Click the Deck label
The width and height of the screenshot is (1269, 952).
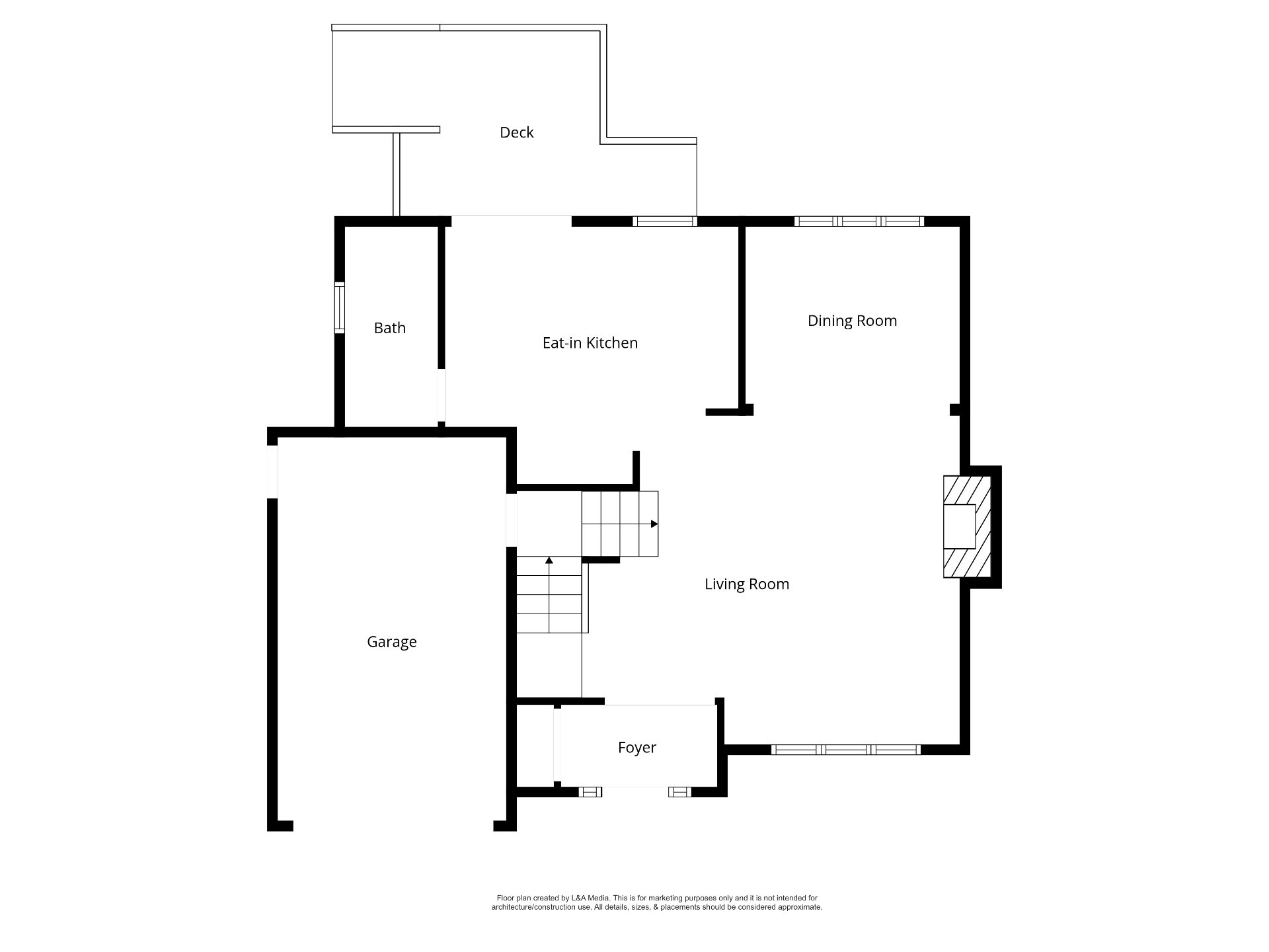[x=516, y=132]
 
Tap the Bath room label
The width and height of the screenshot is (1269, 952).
[x=389, y=328]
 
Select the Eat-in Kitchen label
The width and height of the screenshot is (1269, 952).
[x=590, y=342]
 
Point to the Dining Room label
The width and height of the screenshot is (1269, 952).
[x=852, y=321]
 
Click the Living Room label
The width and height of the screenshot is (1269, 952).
[x=747, y=584]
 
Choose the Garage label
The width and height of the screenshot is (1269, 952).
[x=392, y=641]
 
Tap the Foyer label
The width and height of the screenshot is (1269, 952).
[x=637, y=747]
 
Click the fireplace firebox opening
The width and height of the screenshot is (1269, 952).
[x=959, y=526]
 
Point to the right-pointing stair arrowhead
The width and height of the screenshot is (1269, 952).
[x=654, y=524]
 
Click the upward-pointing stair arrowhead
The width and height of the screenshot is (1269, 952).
[x=549, y=561]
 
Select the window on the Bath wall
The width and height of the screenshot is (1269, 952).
[x=339, y=308]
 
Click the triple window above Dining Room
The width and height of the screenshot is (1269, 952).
[x=859, y=221]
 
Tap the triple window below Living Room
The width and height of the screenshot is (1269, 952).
[x=846, y=750]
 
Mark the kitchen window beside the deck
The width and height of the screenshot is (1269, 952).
[x=665, y=221]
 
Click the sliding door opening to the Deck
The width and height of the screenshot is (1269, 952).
[x=511, y=221]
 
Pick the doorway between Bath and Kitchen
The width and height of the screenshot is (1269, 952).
[x=442, y=395]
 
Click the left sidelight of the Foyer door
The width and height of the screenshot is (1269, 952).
[x=590, y=792]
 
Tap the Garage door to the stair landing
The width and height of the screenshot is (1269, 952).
[x=511, y=520]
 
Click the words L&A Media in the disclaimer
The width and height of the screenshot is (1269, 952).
[x=590, y=898]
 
